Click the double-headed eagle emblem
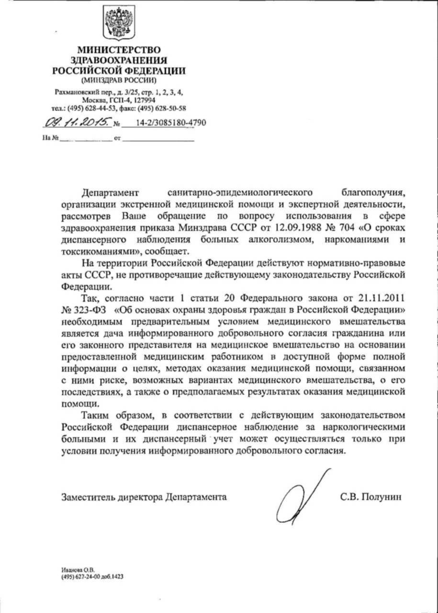119,23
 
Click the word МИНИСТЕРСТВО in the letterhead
119,49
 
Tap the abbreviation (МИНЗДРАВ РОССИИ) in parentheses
119,79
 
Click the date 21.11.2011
383,297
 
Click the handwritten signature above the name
302,493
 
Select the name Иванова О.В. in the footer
78,570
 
